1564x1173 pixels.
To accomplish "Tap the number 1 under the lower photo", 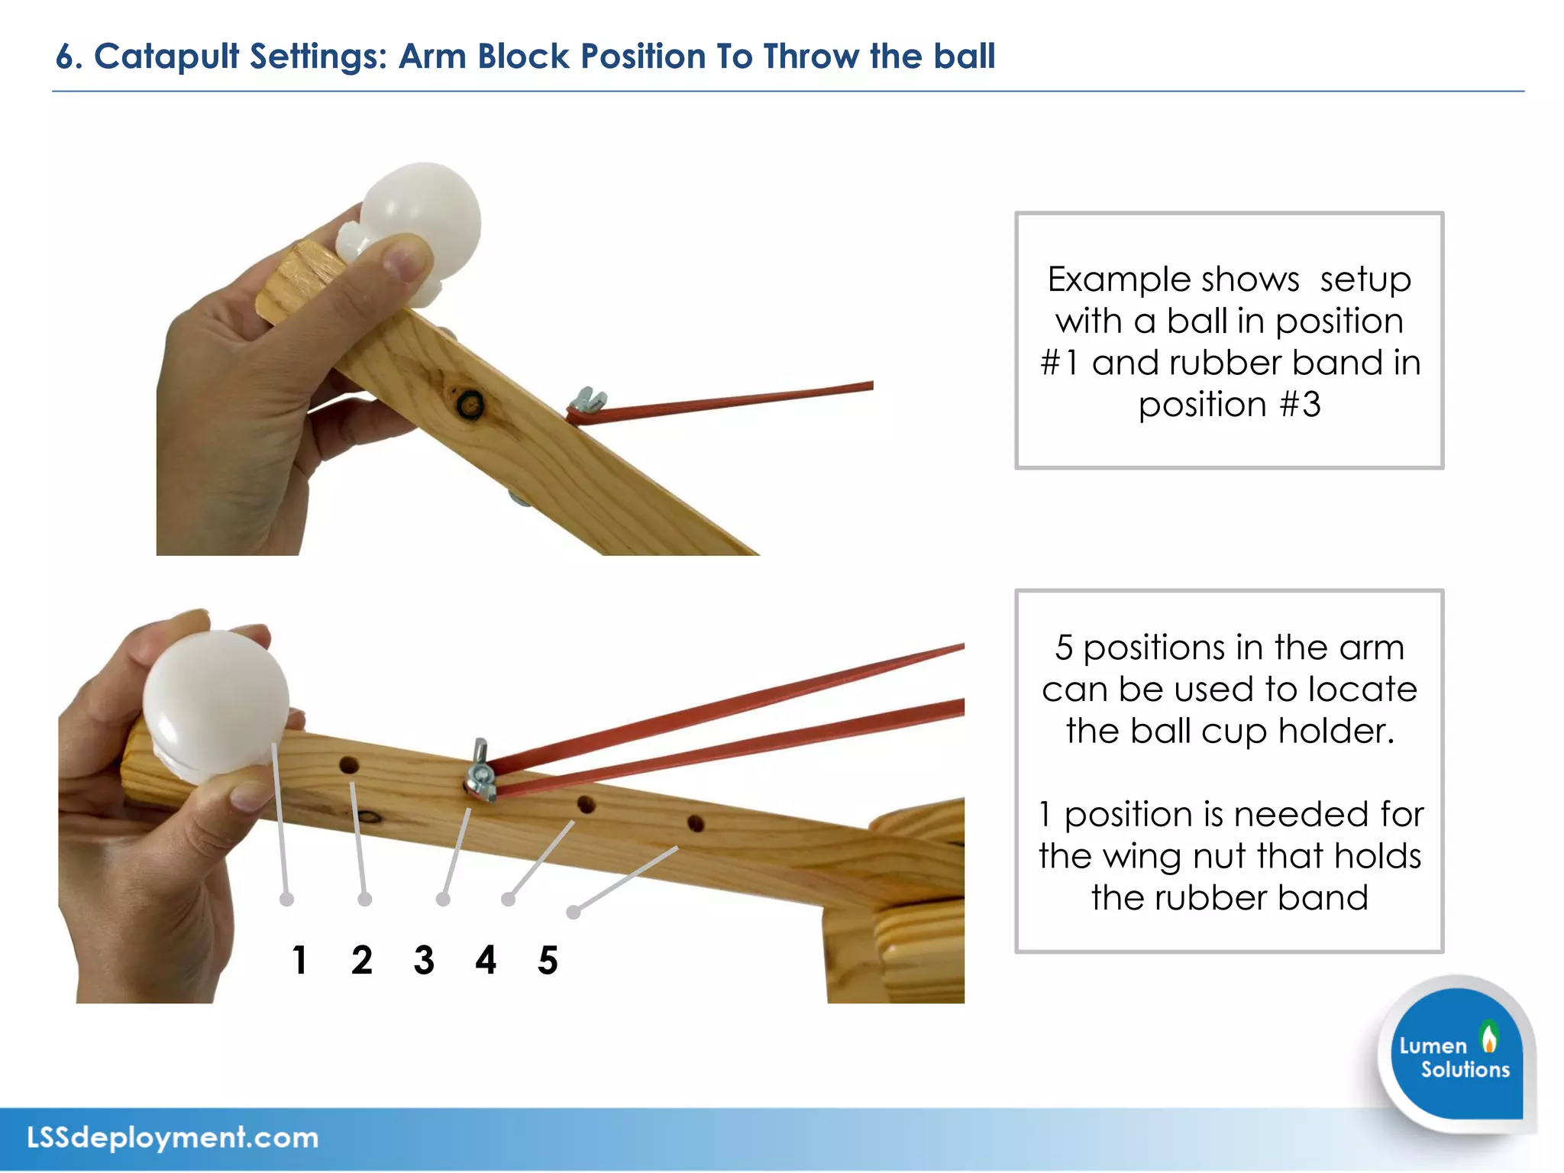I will tap(299, 960).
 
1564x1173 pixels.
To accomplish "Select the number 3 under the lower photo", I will tap(424, 960).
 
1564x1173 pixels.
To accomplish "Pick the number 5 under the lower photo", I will tap(548, 960).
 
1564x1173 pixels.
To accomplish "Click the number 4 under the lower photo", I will tap(486, 960).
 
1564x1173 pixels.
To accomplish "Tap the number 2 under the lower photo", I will tap(362, 960).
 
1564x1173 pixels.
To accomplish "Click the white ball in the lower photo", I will tap(215, 703).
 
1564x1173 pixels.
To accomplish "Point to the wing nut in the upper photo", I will tap(589, 398).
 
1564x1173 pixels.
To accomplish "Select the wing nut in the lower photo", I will tap(480, 771).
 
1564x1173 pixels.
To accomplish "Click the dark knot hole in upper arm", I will tap(469, 402).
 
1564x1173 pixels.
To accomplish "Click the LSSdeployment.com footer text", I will tap(173, 1138).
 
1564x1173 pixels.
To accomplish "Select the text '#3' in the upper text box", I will tap(1300, 404).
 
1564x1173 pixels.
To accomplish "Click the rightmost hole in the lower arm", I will tap(695, 823).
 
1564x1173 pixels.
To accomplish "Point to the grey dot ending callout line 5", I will tap(574, 912).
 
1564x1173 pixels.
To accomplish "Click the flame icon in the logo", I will tap(1488, 1038).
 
